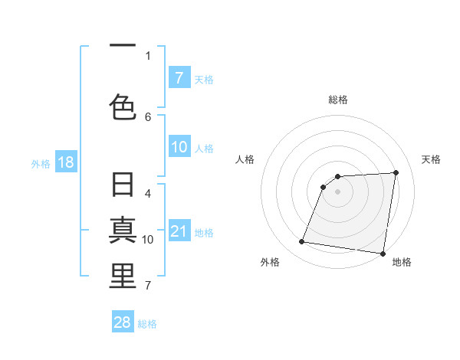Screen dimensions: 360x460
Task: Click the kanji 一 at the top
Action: click(x=123, y=46)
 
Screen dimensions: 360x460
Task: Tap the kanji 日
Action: click(x=123, y=186)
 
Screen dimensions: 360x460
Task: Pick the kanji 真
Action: click(x=123, y=231)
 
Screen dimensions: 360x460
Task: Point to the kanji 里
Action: click(x=123, y=277)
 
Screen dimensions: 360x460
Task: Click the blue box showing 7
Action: click(x=179, y=77)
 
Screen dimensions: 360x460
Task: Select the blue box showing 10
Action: click(x=179, y=147)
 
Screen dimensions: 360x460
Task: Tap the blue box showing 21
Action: click(x=179, y=231)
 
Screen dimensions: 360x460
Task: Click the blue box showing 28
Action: click(x=123, y=322)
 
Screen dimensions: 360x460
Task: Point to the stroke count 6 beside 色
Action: click(x=148, y=116)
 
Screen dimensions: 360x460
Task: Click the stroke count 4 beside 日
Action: click(x=148, y=194)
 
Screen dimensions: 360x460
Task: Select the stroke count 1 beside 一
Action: click(x=148, y=55)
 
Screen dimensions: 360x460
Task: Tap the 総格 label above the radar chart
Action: click(x=338, y=100)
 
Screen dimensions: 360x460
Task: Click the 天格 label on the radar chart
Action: click(x=431, y=159)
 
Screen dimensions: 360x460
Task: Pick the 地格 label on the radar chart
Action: click(x=402, y=262)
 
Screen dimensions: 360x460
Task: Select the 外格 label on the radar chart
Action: click(x=270, y=262)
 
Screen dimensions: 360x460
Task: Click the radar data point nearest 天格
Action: click(x=396, y=172)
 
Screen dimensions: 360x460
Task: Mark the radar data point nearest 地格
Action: click(x=383, y=254)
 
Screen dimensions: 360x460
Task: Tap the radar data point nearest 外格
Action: click(x=302, y=242)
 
